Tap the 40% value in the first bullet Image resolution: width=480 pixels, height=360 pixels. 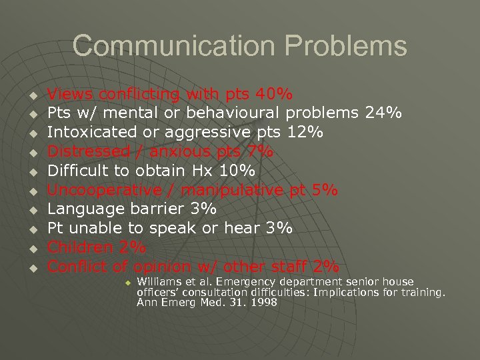click(276, 94)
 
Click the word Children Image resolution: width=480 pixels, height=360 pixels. click(83, 248)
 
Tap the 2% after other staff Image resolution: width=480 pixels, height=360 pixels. click(325, 267)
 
